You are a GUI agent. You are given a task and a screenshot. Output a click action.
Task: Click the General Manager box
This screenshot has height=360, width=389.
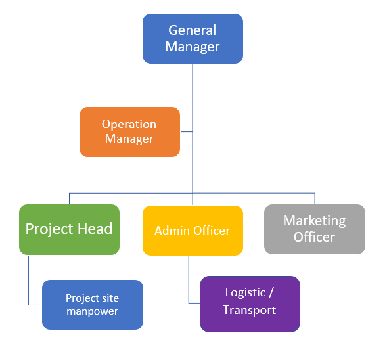tap(193, 39)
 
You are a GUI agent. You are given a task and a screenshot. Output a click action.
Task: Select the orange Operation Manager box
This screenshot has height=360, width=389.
tap(129, 132)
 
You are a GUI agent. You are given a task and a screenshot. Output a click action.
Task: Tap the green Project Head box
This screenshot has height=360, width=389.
tap(69, 229)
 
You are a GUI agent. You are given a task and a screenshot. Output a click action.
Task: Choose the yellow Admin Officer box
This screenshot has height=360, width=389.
tap(193, 231)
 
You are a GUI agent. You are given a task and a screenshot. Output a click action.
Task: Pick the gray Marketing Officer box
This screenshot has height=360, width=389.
tap(315, 229)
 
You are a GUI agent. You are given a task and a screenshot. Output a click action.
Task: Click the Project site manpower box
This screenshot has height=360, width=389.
tap(93, 305)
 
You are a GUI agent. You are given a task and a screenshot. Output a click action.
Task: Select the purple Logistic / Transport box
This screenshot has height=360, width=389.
tap(250, 304)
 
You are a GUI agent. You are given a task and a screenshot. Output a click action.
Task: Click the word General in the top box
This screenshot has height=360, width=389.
tap(193, 30)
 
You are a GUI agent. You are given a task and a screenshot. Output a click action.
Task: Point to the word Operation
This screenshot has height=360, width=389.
tap(129, 125)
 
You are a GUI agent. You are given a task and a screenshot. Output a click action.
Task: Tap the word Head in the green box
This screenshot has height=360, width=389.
tap(95, 229)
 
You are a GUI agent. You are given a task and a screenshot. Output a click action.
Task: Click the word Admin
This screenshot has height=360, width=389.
tap(172, 231)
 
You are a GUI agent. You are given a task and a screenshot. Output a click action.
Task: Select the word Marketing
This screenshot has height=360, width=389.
tap(314, 221)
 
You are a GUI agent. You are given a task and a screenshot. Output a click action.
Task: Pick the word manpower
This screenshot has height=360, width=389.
tap(92, 311)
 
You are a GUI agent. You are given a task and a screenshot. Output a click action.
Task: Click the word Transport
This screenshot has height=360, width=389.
tap(250, 310)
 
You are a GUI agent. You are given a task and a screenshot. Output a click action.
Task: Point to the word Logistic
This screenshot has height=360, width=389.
tap(245, 292)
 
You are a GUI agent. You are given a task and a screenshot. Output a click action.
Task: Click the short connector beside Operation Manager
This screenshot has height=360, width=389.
tap(187, 132)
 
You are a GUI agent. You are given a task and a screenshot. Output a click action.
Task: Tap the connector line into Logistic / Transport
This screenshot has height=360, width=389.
tap(189, 279)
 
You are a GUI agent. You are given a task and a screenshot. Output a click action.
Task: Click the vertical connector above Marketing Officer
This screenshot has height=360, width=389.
tap(315, 198)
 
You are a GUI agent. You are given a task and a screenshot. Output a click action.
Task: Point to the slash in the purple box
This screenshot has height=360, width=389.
tap(271, 292)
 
